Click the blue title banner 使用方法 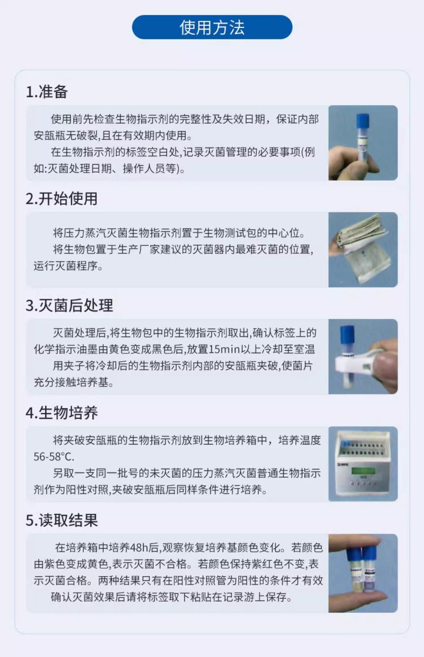[212, 27]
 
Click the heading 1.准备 [47, 92]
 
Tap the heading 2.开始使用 [62, 198]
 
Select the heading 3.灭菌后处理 [69, 306]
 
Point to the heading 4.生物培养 [62, 413]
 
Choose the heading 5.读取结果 [62, 520]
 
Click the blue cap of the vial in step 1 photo [363, 121]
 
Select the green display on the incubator [363, 471]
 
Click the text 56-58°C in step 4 [54, 457]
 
